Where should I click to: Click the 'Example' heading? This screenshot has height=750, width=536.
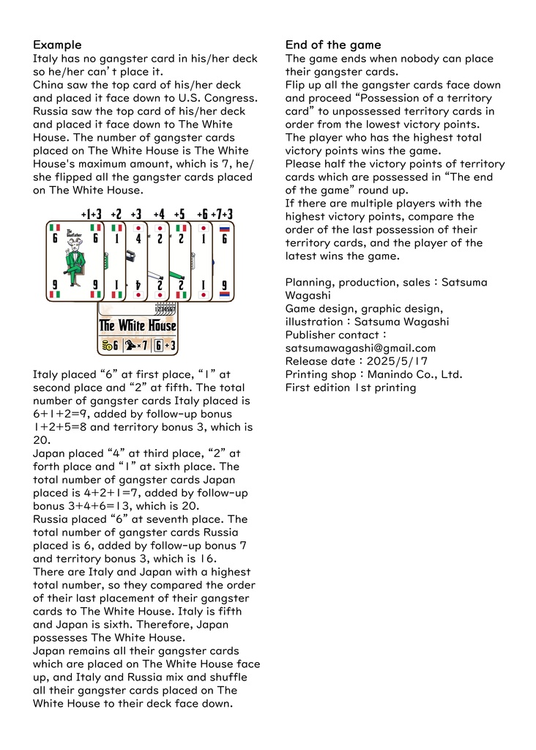tap(57, 45)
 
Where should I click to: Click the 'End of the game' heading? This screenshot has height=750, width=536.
tap(333, 45)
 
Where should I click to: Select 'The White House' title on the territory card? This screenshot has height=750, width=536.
tap(138, 325)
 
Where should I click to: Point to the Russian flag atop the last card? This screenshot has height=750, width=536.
tap(226, 228)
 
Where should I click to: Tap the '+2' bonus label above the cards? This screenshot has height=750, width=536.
tap(116, 214)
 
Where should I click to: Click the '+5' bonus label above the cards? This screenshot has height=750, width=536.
tap(179, 214)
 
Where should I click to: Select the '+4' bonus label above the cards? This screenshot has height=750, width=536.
tap(158, 214)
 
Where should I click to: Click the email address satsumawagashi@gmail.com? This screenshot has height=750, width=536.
tap(360, 348)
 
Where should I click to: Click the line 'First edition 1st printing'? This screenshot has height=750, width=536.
tap(350, 387)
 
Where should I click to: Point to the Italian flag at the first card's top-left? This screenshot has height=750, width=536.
tap(53, 228)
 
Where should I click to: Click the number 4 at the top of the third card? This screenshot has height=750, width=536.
tap(138, 239)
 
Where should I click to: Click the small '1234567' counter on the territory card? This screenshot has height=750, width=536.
tap(166, 309)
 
